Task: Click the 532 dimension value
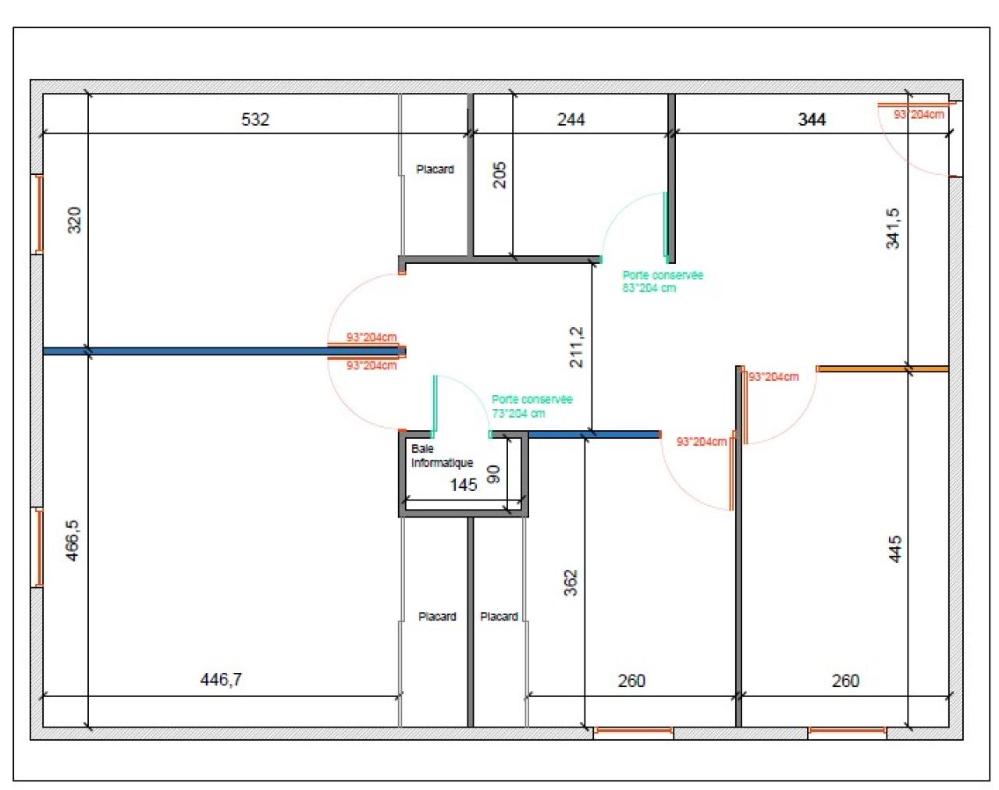pos(255,119)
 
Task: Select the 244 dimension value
pos(571,119)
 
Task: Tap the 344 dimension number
pos(812,119)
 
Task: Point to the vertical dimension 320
pos(74,219)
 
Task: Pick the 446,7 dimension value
pos(221,679)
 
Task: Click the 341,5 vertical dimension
pos(893,228)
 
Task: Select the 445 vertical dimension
pos(895,549)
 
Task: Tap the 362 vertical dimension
pos(571,582)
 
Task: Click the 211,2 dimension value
pos(576,347)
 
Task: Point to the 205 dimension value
pos(499,174)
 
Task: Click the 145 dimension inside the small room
pos(463,485)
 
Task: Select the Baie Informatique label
pos(442,456)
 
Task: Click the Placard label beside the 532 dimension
pos(435,169)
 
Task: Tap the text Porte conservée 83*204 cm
pos(662,281)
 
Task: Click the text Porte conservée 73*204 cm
pos(531,406)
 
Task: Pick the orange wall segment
pos(882,368)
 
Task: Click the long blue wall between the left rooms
pos(219,351)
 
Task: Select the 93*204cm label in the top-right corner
pos(919,115)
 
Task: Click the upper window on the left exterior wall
pos(38,214)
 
